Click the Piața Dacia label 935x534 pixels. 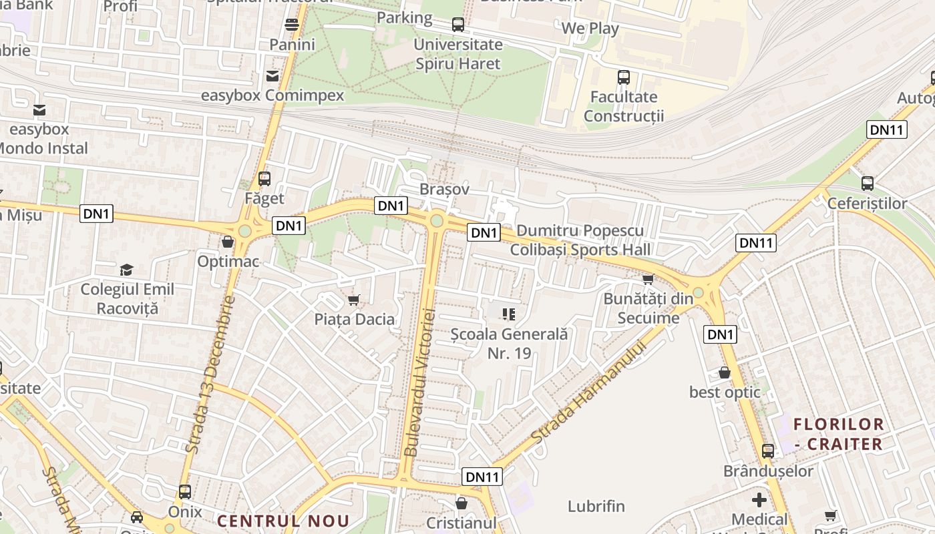pos(355,319)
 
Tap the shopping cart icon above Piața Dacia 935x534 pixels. pos(354,300)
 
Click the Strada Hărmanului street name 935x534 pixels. pos(590,392)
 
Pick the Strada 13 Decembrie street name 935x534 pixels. pos(210,375)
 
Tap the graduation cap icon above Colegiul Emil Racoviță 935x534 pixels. pos(126,270)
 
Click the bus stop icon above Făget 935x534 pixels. pos(264,179)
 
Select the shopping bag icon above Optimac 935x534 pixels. pos(228,242)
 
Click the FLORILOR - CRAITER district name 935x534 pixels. pos(839,434)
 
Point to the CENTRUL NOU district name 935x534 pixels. pos(284,521)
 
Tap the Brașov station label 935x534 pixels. pos(445,190)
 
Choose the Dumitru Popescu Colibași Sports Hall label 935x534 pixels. pos(580,240)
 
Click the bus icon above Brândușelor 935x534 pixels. pos(768,451)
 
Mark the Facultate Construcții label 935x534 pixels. pos(624,107)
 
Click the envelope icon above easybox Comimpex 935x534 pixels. pos(272,76)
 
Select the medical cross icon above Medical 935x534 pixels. pos(759,500)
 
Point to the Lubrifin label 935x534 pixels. pos(596,506)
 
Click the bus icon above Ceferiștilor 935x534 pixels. pos(868,183)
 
